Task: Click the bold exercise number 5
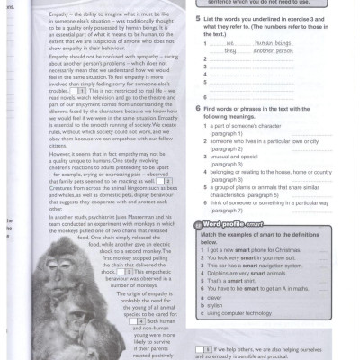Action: (x=198, y=17)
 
